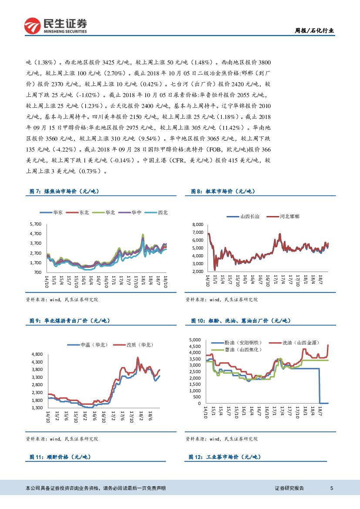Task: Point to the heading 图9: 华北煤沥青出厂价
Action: click(x=70, y=321)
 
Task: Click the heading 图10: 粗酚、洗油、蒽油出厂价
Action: click(x=240, y=321)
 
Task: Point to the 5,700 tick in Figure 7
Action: click(x=35, y=224)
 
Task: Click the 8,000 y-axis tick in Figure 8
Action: click(x=197, y=224)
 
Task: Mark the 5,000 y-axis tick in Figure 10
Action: click(x=194, y=340)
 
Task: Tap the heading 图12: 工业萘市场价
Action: click(x=225, y=457)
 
